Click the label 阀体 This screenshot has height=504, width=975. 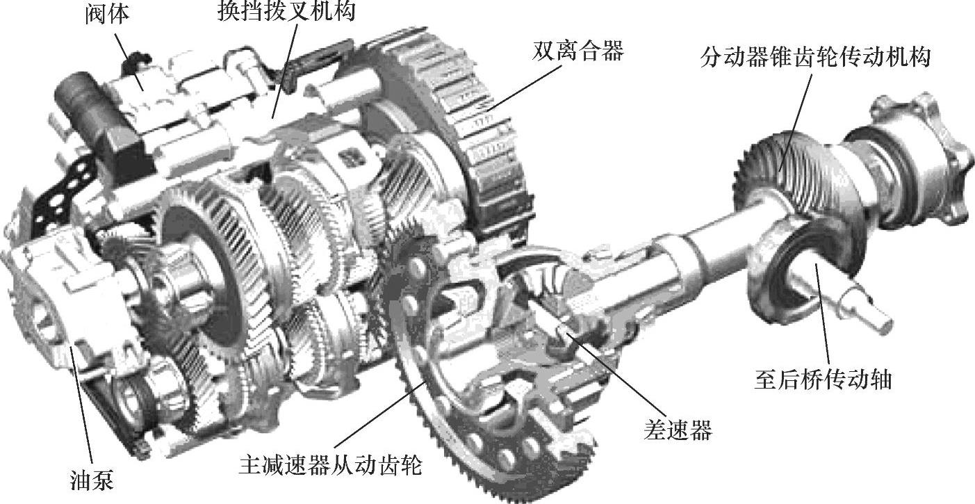coord(107,15)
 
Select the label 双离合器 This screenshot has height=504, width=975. coord(577,51)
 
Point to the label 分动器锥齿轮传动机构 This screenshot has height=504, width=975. coord(815,57)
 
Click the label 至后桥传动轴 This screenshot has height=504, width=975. coord(823,380)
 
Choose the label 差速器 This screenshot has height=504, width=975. coord(678,430)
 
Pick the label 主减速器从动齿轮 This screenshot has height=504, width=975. coord(330,465)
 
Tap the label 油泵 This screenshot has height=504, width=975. coord(92,480)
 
